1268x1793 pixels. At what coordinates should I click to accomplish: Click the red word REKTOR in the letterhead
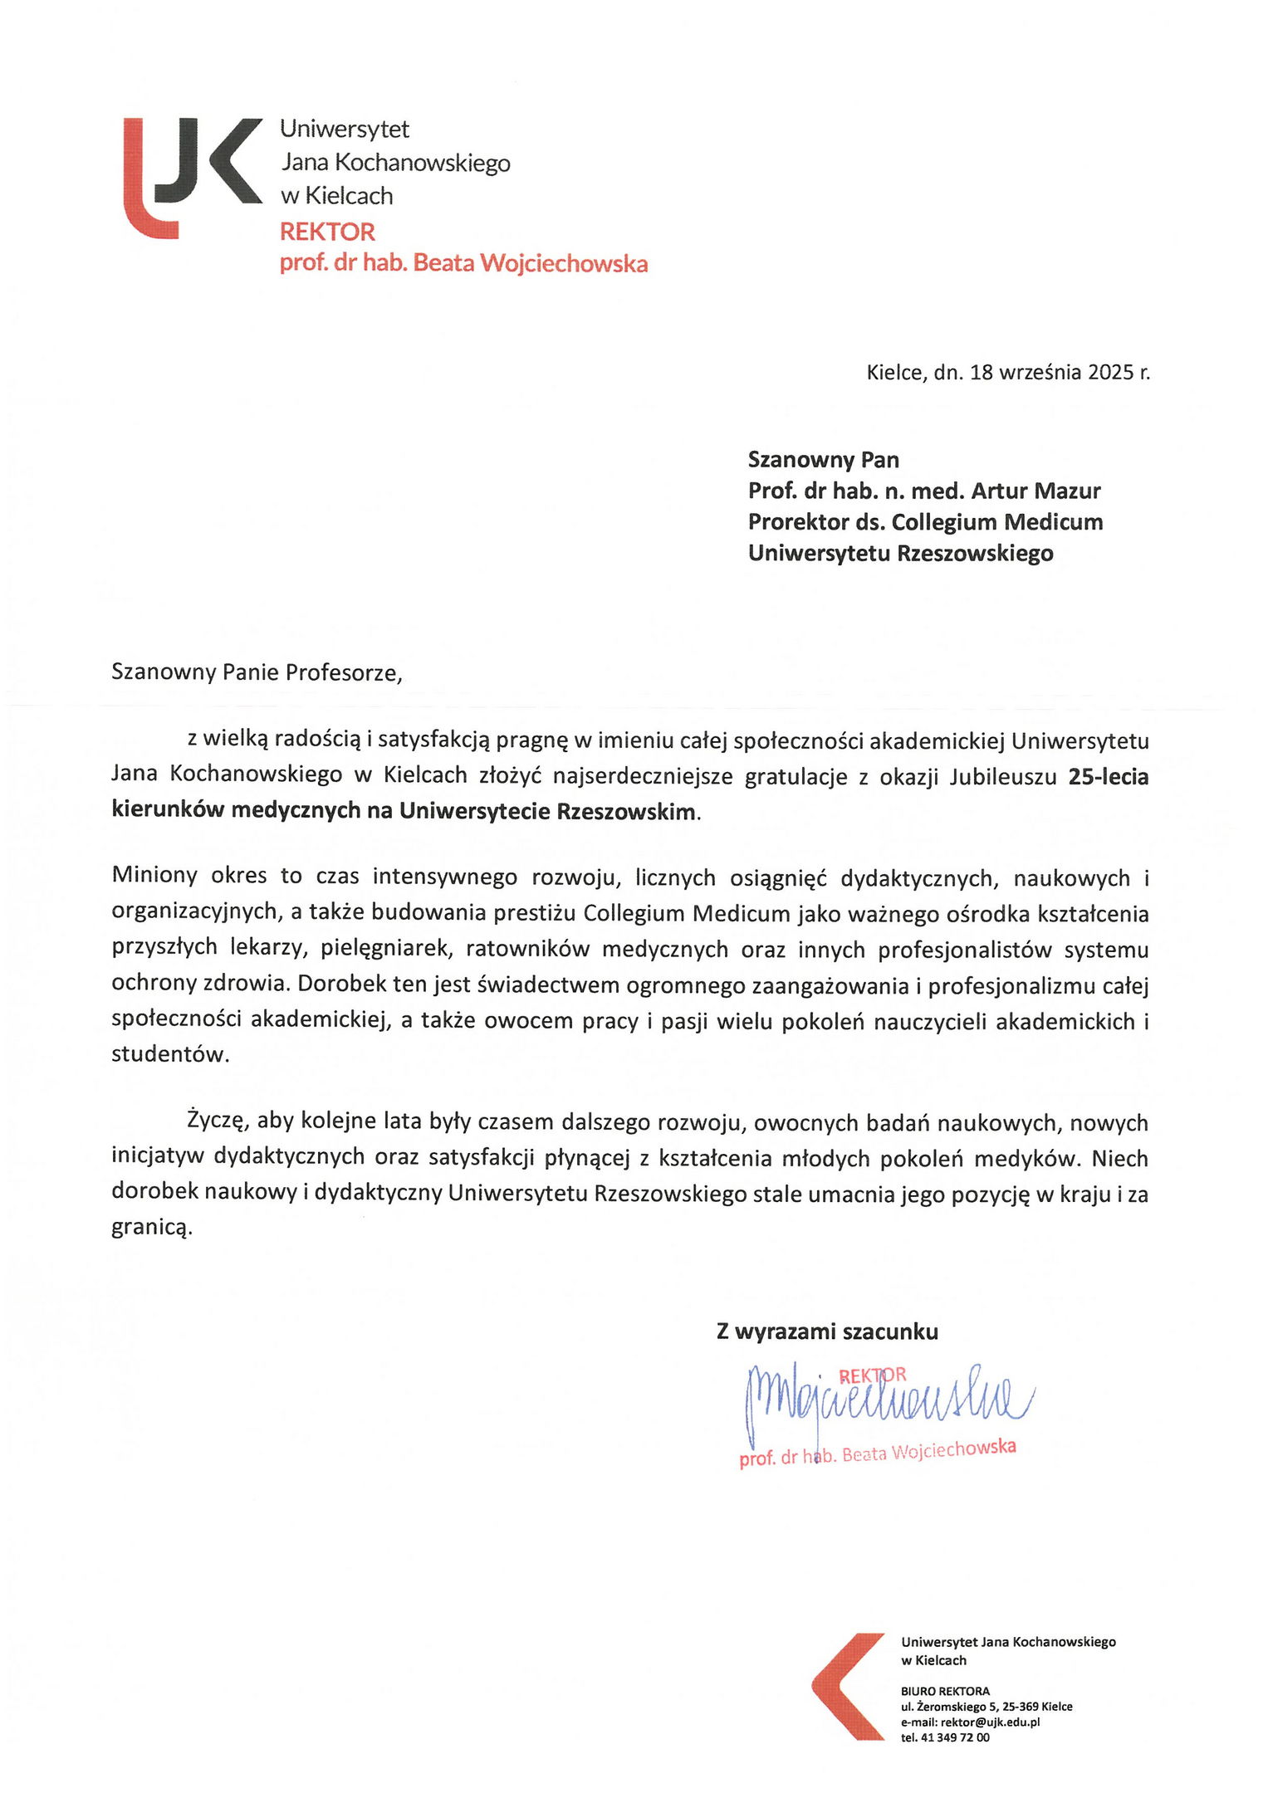[x=327, y=232]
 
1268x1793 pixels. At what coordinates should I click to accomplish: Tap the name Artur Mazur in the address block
[x=1035, y=491]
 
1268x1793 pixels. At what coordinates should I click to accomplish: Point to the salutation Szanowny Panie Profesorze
[x=257, y=672]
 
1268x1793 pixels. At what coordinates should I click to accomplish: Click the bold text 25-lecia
[x=1108, y=777]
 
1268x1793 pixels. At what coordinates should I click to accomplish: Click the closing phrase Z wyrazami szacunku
[x=827, y=1331]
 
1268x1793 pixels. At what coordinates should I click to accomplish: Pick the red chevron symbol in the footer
[x=847, y=1687]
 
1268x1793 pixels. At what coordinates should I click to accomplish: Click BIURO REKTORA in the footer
[x=945, y=1691]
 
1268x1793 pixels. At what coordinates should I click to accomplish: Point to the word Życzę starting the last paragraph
[x=214, y=1122]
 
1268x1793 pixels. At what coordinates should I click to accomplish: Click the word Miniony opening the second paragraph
[x=154, y=877]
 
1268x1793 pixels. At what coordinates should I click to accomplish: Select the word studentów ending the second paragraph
[x=169, y=1055]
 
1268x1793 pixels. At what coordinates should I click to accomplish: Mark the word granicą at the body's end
[x=152, y=1228]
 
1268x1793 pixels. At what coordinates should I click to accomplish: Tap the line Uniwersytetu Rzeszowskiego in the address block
[x=900, y=554]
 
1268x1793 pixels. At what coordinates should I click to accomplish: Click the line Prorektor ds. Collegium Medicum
[x=925, y=523]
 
